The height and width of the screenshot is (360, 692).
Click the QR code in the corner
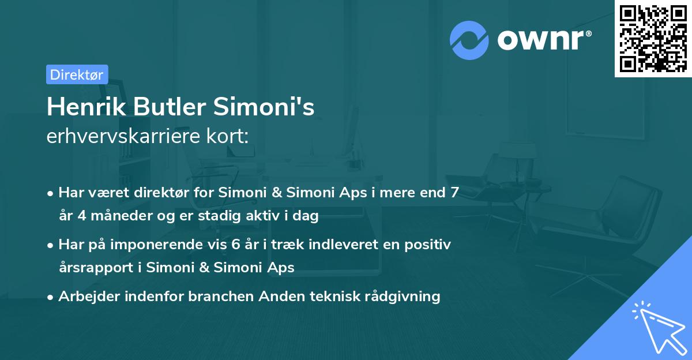(653, 39)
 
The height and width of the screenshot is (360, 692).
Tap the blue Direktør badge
(77, 74)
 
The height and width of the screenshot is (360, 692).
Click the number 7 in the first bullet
(455, 193)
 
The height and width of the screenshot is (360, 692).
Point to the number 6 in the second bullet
(235, 244)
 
